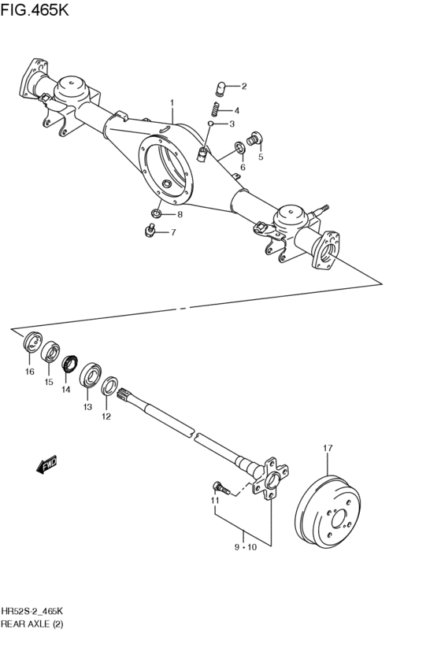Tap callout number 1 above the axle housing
(172, 103)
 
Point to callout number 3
(232, 124)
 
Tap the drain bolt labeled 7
(150, 231)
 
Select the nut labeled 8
(157, 213)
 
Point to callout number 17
(328, 449)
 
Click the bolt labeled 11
(221, 489)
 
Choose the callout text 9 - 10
(245, 546)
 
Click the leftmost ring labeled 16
(31, 344)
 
